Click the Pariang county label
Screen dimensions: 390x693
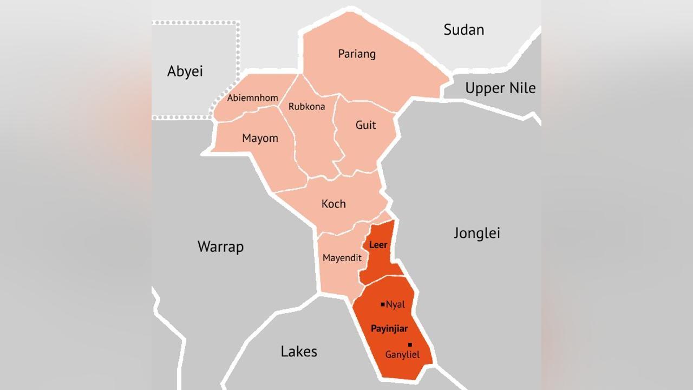357,54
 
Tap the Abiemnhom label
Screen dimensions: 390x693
252,98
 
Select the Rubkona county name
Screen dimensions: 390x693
306,106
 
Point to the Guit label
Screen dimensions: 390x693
365,125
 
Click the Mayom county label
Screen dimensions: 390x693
260,138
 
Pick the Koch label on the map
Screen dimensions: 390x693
334,204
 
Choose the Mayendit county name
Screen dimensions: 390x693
342,258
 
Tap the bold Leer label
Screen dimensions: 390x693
378,245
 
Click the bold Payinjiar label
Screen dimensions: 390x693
389,329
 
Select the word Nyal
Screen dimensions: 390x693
395,305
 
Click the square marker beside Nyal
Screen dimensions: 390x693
383,304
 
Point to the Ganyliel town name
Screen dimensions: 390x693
402,355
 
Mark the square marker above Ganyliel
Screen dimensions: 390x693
410,344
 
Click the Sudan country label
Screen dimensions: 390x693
463,29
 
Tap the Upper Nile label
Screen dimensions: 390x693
500,88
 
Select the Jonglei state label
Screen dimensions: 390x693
476,233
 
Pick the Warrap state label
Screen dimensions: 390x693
220,246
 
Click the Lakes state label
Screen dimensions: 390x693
299,351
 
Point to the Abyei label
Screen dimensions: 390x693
185,71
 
